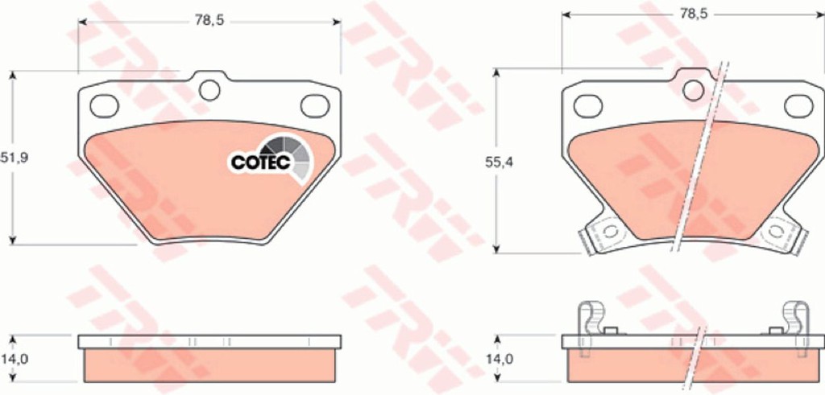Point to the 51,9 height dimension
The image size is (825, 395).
coord(15,158)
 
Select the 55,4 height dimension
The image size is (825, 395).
coord(498,162)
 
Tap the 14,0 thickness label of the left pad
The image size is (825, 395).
coord(15,359)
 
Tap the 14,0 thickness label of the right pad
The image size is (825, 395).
coord(498,359)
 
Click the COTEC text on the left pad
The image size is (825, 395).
coord(260,163)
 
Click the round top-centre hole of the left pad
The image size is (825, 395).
coord(209,90)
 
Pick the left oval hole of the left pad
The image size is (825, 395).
coord(104,105)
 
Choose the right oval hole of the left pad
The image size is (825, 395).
coord(315,105)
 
